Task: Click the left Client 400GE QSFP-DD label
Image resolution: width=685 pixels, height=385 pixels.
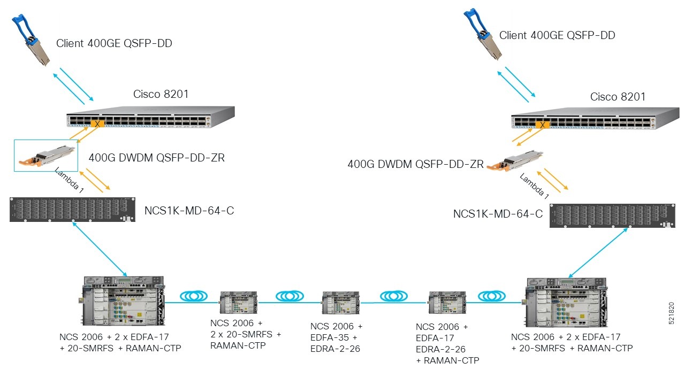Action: pos(114,44)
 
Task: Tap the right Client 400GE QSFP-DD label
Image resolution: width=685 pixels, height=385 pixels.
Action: pos(557,35)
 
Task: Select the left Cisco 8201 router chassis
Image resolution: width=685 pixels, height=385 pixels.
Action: pos(150,117)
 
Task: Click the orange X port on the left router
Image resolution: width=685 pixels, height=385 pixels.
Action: pos(97,124)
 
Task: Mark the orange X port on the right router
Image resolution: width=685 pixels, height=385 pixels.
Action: pos(543,126)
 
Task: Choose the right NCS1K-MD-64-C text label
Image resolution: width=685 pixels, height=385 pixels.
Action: pos(498,214)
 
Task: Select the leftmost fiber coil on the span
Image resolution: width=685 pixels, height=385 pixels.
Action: pos(193,295)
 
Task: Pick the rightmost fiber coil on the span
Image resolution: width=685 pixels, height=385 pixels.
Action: pos(492,296)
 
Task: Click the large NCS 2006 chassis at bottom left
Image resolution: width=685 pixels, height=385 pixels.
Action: pos(123,302)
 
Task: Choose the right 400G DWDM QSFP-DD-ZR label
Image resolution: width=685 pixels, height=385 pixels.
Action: pos(415,164)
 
